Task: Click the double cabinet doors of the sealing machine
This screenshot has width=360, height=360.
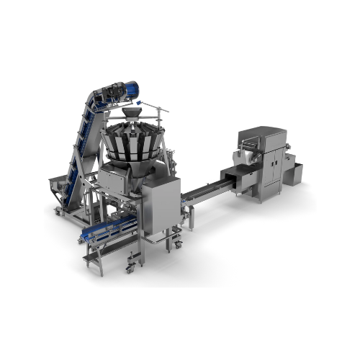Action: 273,170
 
